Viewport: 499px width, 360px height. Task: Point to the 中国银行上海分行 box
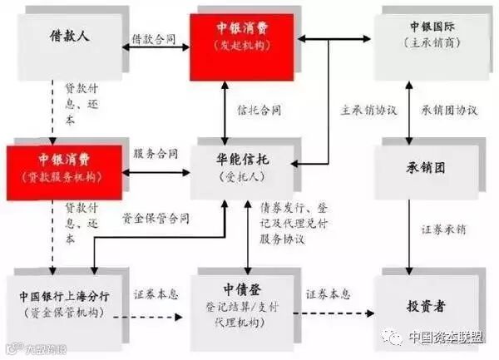(x=62, y=303)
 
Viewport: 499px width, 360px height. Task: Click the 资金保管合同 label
(x=156, y=219)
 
